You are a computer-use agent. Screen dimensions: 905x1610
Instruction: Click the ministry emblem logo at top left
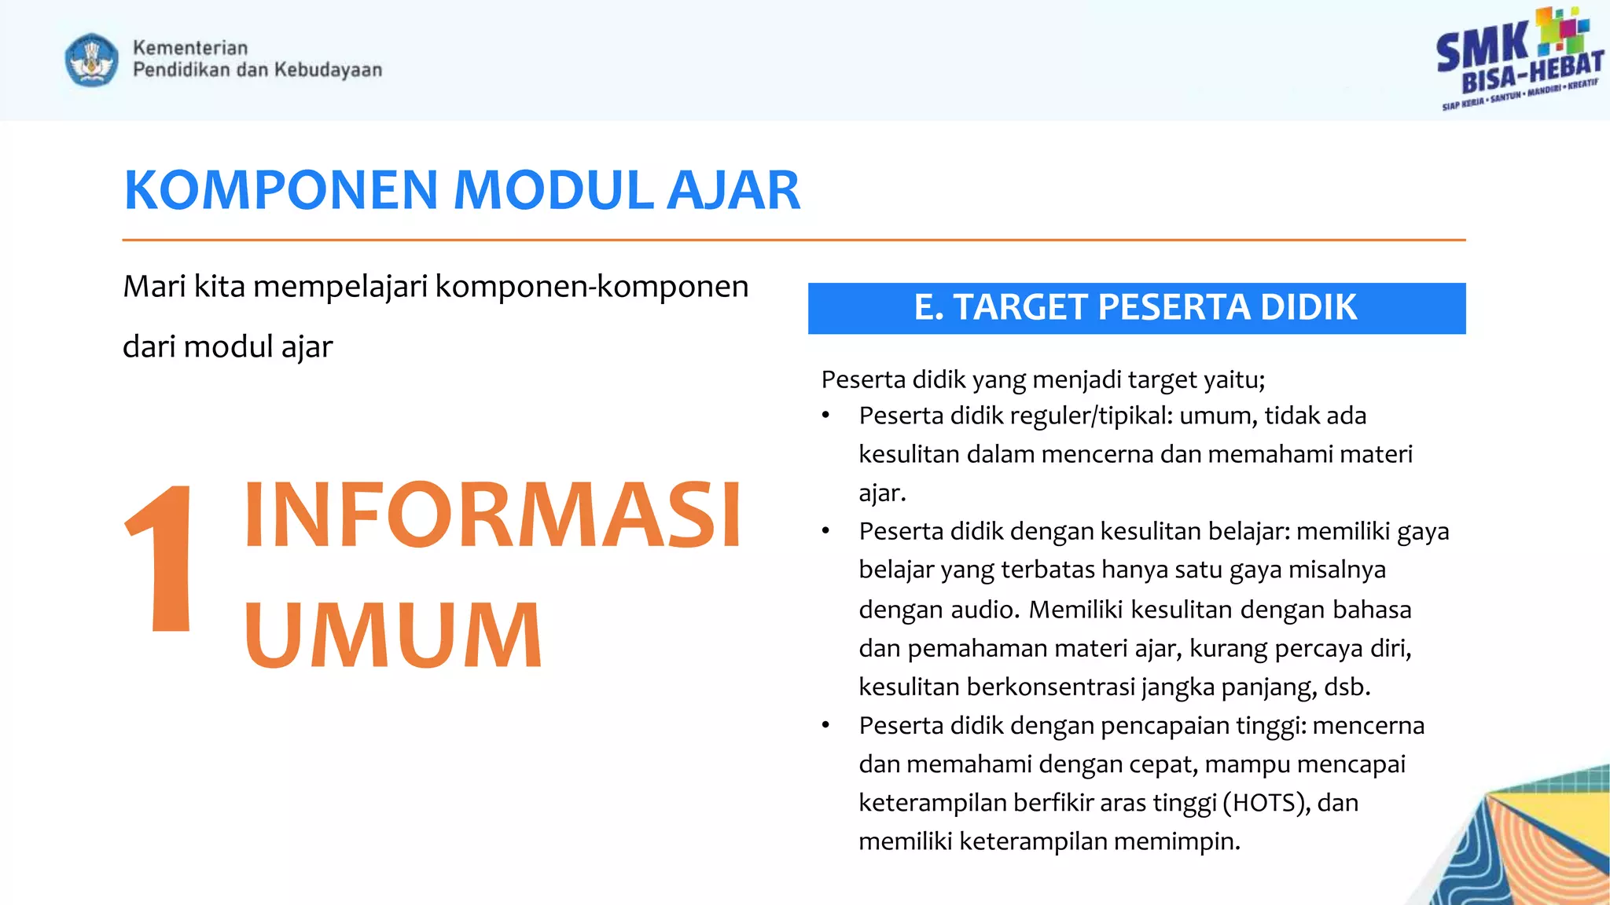[92, 60]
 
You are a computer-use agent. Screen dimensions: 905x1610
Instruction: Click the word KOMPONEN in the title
[281, 191]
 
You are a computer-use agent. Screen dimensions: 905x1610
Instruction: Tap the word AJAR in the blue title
[733, 191]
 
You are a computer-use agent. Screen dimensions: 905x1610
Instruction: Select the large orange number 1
[163, 559]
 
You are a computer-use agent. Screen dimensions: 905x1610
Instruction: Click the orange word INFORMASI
[493, 515]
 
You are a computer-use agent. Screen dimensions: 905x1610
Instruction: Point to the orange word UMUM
[393, 635]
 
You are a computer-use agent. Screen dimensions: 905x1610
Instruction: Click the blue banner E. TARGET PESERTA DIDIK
[1136, 308]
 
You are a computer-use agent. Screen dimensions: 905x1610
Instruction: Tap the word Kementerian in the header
[190, 48]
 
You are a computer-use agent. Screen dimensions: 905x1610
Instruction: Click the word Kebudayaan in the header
[328, 70]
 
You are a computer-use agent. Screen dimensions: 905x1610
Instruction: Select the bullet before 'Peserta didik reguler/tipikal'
[825, 416]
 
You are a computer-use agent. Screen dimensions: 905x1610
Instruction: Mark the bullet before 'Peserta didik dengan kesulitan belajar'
[825, 532]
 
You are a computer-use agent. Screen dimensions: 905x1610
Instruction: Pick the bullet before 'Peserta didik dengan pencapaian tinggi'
[825, 726]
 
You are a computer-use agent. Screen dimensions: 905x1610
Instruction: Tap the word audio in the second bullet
[985, 610]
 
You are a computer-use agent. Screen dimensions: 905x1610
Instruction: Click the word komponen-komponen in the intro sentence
[591, 287]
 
